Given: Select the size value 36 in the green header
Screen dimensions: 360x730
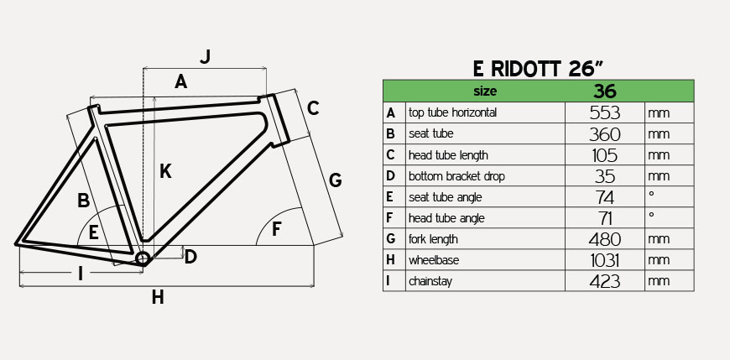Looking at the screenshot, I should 605,91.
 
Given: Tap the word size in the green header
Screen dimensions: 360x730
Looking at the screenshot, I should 485,91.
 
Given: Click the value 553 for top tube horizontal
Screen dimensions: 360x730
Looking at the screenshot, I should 605,112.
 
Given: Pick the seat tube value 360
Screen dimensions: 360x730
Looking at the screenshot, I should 605,134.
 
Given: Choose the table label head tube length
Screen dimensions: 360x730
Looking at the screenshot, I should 448,155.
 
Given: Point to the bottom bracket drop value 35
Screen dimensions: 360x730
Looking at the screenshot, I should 605,176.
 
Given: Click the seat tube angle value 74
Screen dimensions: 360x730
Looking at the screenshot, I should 605,197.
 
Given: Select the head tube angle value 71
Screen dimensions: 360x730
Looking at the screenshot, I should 605,218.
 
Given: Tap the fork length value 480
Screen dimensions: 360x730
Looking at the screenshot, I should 605,239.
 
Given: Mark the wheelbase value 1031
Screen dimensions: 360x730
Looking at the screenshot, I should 605,260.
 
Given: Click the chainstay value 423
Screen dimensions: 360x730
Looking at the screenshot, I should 605,281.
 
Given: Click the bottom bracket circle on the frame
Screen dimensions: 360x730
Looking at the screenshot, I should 142,258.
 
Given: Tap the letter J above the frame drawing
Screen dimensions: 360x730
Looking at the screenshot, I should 205,57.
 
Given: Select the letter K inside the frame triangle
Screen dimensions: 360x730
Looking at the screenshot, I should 165,172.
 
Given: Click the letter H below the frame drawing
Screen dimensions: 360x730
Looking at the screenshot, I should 158,297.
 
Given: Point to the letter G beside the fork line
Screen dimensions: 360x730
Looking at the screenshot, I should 335,180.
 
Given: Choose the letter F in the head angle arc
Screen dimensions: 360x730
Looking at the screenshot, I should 278,228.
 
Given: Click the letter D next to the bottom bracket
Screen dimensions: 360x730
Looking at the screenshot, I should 190,257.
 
